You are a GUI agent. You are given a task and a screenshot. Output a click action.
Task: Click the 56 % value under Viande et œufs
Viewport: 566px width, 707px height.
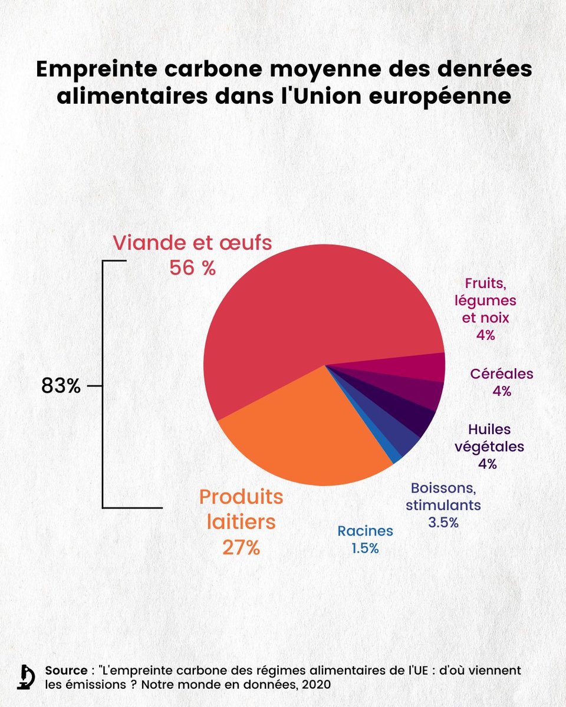(192, 267)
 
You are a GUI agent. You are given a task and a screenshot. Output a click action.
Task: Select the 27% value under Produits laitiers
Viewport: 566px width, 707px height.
(241, 547)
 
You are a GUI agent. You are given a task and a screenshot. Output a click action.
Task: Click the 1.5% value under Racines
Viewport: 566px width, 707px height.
(365, 548)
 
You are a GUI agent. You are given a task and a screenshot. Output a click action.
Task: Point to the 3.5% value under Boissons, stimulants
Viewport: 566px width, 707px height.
(443, 522)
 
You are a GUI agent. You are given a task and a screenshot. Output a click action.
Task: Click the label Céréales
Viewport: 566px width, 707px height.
(502, 374)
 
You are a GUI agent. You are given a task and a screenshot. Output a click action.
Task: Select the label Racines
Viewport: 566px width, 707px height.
(365, 531)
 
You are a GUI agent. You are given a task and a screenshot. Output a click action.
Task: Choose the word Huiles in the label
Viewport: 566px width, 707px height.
(489, 430)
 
